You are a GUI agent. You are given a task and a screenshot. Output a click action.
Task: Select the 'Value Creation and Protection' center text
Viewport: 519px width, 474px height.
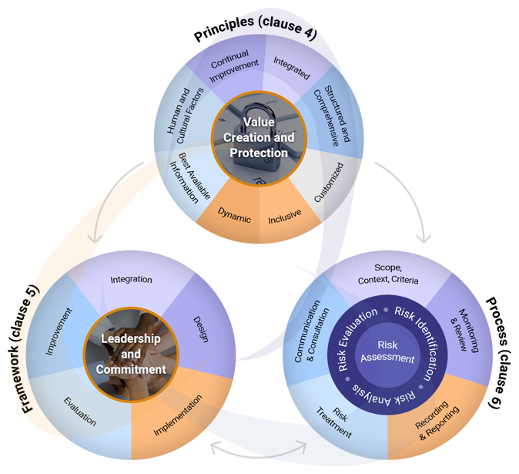click(x=259, y=137)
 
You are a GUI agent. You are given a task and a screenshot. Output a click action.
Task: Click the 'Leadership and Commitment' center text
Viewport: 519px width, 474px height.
click(x=131, y=354)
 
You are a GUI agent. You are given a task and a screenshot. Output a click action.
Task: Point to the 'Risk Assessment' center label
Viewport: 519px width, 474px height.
click(x=388, y=351)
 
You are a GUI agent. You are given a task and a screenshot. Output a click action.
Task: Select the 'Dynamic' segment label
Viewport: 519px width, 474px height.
click(x=234, y=217)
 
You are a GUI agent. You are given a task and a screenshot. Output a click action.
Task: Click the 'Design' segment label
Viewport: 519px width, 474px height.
click(x=201, y=324)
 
